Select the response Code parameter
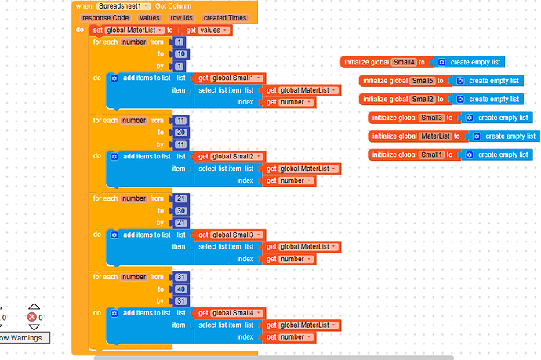(x=105, y=17)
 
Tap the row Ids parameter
(x=181, y=17)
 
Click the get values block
(x=209, y=30)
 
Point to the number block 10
(x=180, y=54)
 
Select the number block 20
(x=180, y=133)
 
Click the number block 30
(x=180, y=211)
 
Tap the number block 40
(x=180, y=289)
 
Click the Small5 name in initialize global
(x=423, y=81)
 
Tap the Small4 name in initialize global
(x=404, y=62)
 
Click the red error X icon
(x=33, y=317)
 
